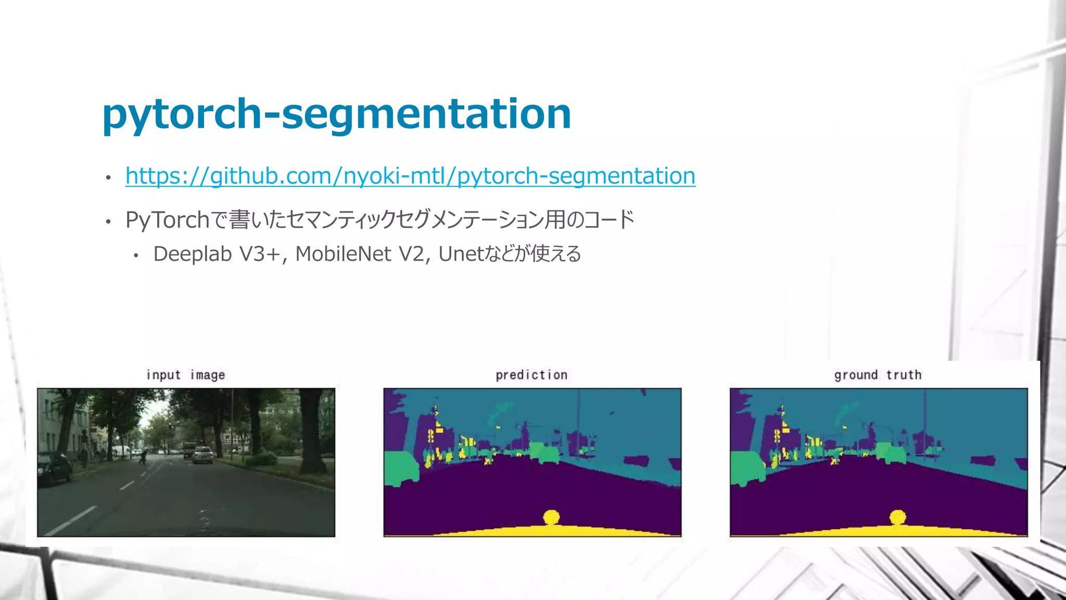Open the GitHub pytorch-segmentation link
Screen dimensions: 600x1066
pyautogui.click(x=410, y=176)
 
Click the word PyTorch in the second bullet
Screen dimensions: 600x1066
pyautogui.click(x=167, y=220)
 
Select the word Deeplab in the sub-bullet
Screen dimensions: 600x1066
pyautogui.click(x=193, y=254)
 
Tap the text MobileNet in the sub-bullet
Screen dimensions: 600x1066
pyautogui.click(x=343, y=254)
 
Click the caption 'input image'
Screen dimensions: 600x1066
pyautogui.click(x=186, y=375)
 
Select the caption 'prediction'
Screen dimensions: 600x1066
pyautogui.click(x=531, y=375)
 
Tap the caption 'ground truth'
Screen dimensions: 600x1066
pyautogui.click(x=878, y=375)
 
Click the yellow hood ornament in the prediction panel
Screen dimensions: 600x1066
pyautogui.click(x=551, y=517)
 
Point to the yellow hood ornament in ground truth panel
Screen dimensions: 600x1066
pyautogui.click(x=898, y=517)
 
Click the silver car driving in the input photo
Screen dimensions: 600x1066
pyautogui.click(x=203, y=455)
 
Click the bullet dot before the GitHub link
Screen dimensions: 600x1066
pyautogui.click(x=108, y=178)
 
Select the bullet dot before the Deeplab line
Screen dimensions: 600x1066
pyautogui.click(x=136, y=256)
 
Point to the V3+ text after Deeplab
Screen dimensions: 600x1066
pyautogui.click(x=260, y=254)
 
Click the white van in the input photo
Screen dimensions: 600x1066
pyautogui.click(x=121, y=451)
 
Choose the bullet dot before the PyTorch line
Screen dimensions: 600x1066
pyautogui.click(x=108, y=222)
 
